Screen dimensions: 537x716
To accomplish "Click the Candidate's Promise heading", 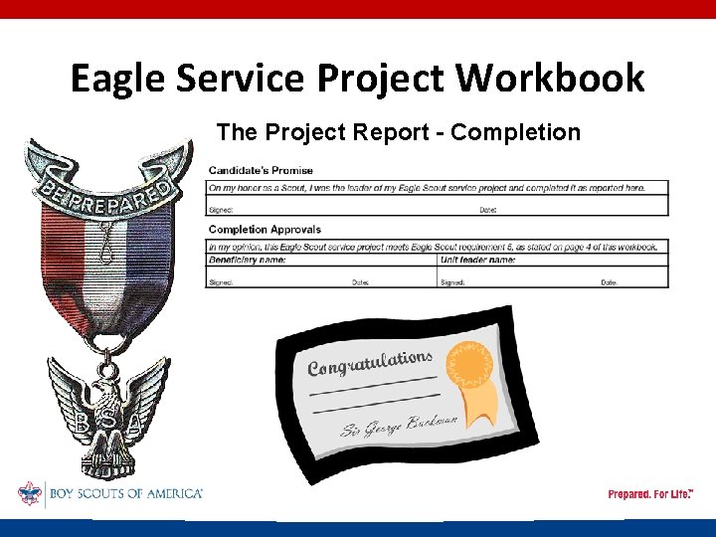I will coord(261,171).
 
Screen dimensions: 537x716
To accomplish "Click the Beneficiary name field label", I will coord(248,260).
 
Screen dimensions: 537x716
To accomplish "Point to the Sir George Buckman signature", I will coord(399,424).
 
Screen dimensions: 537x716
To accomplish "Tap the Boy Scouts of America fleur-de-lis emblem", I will coord(29,494).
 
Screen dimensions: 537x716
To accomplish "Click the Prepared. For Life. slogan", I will coord(650,494).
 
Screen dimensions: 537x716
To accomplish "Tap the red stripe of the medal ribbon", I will coord(62,249).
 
